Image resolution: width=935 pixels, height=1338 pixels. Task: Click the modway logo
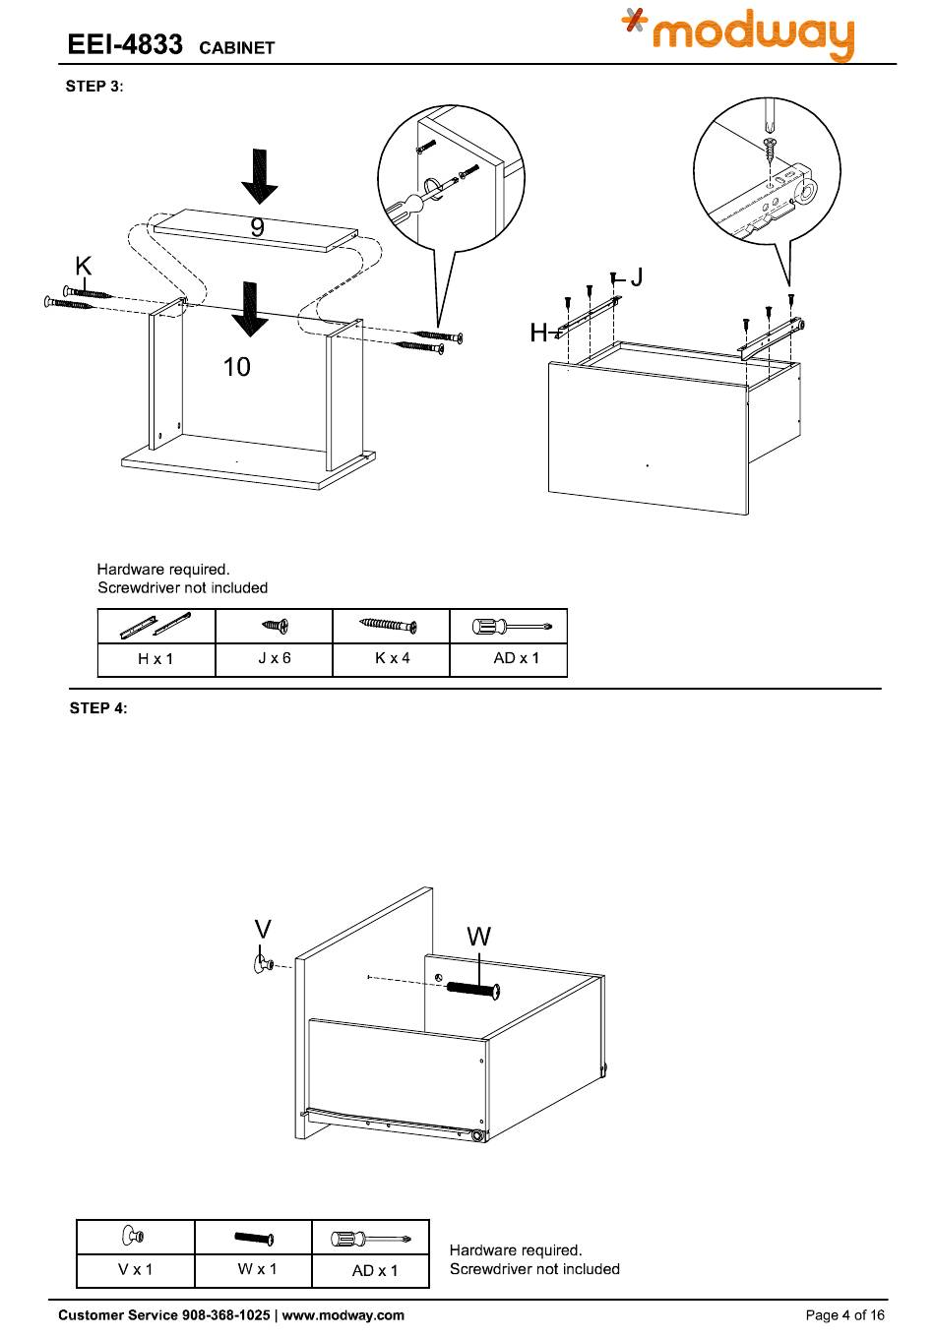point(738,34)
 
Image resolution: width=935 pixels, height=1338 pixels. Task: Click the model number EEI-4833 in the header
point(124,45)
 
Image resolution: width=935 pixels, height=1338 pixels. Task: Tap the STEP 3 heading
point(94,87)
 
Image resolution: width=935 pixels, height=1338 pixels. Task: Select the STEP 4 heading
point(98,708)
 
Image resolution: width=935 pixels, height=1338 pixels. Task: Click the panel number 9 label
point(257,228)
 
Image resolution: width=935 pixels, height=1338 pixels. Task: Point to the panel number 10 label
point(237,367)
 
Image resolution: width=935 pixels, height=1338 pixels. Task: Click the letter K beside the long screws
point(84,266)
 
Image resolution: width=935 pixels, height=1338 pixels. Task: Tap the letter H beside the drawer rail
point(537,334)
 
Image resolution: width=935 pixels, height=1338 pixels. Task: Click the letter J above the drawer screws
point(637,277)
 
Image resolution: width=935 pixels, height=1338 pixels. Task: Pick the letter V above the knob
point(263,930)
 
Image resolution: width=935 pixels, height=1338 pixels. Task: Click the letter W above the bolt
point(478,937)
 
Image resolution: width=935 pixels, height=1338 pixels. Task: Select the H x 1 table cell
point(156,658)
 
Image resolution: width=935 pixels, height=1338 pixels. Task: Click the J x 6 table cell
point(274,658)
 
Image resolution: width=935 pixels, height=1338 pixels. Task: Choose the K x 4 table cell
point(392,658)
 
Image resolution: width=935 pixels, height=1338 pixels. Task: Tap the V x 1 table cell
point(136,1269)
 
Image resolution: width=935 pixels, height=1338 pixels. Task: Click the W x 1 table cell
point(257,1269)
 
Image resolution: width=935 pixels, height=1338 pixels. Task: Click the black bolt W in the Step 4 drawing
point(473,988)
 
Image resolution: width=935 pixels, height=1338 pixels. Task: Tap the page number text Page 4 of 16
point(844,1315)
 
